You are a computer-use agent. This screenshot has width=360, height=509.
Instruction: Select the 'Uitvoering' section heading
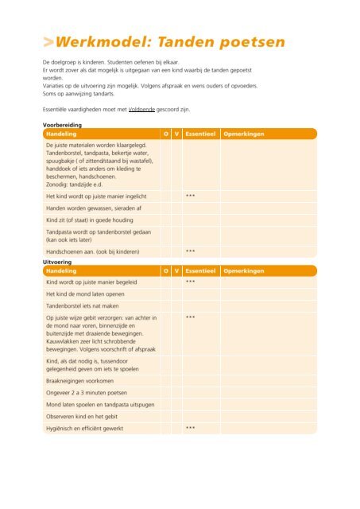point(60,261)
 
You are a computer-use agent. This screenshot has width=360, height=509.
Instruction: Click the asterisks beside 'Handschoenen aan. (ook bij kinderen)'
point(191,252)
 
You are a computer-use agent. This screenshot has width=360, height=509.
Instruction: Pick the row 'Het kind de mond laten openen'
point(87,293)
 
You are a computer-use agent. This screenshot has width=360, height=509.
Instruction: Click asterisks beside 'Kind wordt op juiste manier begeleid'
point(191,282)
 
